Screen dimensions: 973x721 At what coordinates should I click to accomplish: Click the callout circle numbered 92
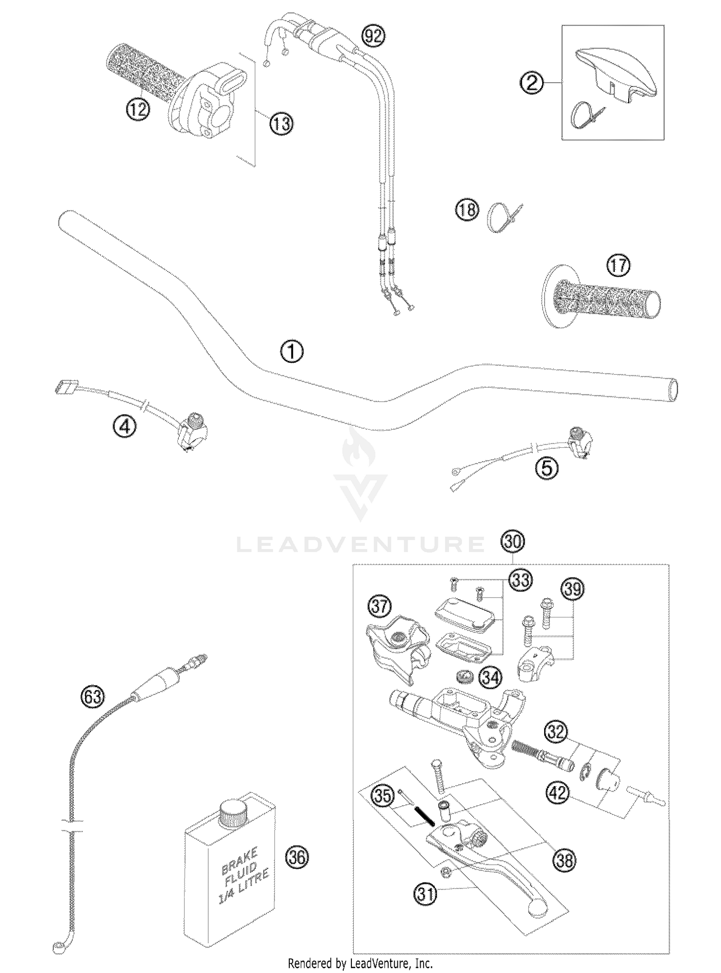coord(374,36)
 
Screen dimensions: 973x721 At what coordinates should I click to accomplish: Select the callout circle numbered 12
coord(137,110)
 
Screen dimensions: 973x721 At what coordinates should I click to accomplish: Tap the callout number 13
coord(281,123)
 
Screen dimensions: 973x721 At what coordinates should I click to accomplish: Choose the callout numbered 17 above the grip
coord(618,265)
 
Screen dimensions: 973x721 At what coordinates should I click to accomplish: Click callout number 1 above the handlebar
coord(292,352)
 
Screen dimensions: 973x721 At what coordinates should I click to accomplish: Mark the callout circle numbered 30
coord(512,542)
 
